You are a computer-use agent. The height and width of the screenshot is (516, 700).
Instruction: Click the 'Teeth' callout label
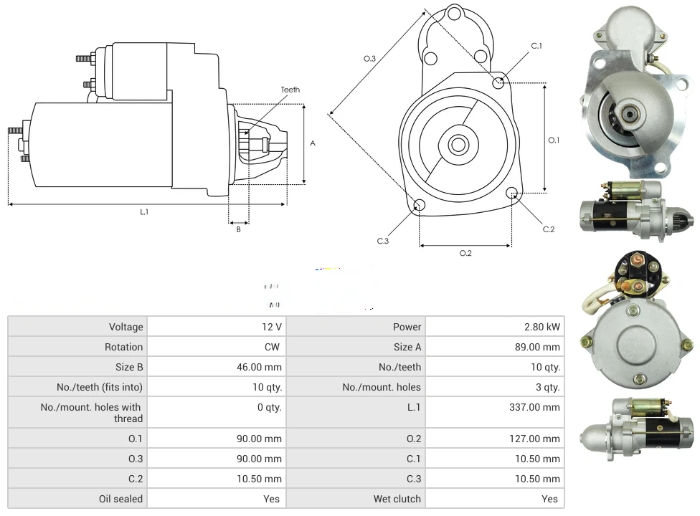290,90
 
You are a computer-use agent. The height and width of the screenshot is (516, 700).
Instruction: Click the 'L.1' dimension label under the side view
144,211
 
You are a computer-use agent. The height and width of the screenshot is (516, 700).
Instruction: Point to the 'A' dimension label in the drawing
313,143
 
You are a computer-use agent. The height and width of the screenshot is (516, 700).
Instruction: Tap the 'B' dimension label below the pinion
238,229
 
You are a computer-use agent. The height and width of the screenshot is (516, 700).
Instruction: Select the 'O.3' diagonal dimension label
370,58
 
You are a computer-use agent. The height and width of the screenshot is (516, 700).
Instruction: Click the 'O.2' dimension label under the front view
465,253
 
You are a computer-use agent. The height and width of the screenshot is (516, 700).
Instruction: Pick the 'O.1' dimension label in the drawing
554,140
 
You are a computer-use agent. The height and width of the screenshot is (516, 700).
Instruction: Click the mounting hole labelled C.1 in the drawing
498,83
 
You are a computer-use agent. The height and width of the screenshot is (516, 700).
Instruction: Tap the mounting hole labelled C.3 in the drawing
420,206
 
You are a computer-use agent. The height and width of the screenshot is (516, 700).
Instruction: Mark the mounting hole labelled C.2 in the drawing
512,193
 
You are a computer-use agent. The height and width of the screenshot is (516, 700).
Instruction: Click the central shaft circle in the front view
457,144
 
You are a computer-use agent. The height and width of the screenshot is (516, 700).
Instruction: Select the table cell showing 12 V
272,327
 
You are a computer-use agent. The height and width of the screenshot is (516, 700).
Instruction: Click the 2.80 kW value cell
542,327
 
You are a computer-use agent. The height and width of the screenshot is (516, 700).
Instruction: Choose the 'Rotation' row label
124,347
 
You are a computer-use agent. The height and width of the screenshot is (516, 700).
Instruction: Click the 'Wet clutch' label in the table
397,499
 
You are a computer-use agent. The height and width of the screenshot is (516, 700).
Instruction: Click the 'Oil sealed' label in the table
121,499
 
